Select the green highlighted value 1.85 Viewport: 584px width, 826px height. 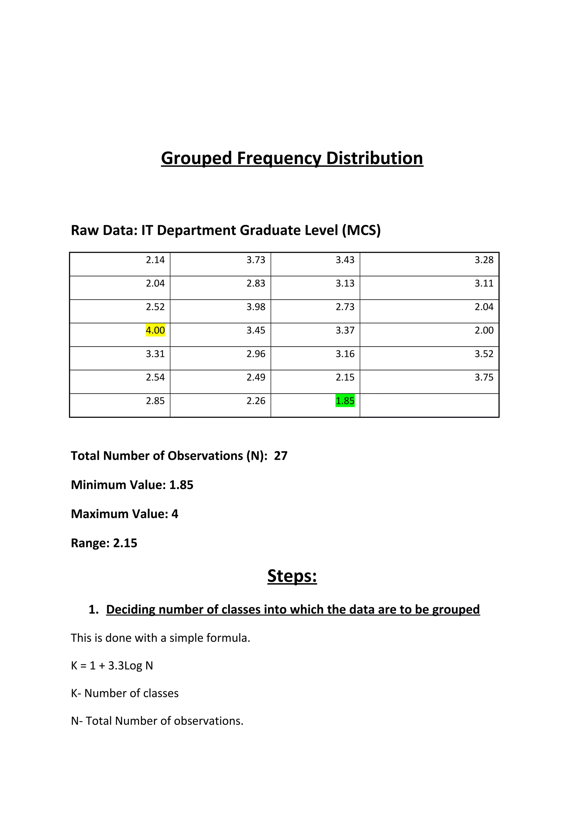(345, 400)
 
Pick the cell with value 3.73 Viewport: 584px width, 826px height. (255, 259)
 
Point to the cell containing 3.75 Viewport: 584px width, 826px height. (484, 377)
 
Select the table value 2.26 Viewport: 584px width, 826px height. (255, 400)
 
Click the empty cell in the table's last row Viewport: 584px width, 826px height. (429, 405)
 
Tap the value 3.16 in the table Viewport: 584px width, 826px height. (345, 354)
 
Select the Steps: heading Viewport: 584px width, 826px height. (292, 576)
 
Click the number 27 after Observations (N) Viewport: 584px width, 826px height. (281, 455)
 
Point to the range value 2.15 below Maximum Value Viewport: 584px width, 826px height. (125, 543)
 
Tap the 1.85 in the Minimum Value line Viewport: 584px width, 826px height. (181, 485)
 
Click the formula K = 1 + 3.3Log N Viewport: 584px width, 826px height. (112, 666)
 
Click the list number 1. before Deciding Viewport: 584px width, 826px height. (94, 609)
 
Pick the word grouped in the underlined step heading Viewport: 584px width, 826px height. (456, 609)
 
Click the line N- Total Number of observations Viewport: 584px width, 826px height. (157, 721)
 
